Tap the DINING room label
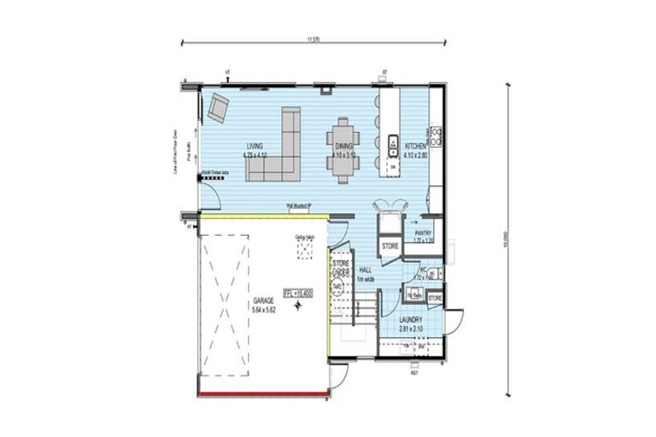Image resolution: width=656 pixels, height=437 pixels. (344, 146)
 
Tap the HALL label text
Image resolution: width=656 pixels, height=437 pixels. (365, 269)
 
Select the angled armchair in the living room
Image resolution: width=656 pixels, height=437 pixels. (219, 107)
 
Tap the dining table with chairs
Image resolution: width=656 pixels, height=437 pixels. (343, 149)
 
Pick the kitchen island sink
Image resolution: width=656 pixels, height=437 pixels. (394, 143)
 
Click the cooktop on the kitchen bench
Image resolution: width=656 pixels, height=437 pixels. (435, 134)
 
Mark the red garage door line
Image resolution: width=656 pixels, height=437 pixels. (264, 393)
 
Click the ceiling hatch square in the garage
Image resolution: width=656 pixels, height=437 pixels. (303, 248)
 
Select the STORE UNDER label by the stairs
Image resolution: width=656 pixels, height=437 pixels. (341, 268)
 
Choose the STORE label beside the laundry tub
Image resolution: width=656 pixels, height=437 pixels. (435, 297)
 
